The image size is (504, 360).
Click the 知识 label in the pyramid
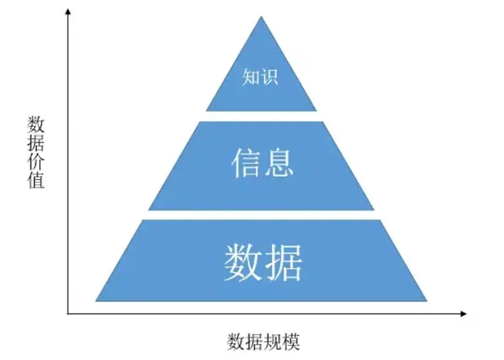[260, 77]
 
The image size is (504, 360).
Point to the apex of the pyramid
[261, 17]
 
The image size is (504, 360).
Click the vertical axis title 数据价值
[36, 153]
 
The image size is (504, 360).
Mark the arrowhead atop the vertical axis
[68, 14]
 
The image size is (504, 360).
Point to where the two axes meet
[68, 313]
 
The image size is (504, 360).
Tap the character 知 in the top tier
[251, 77]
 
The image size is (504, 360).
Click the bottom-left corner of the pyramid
[96, 300]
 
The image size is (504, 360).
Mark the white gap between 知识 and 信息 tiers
[261, 116]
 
